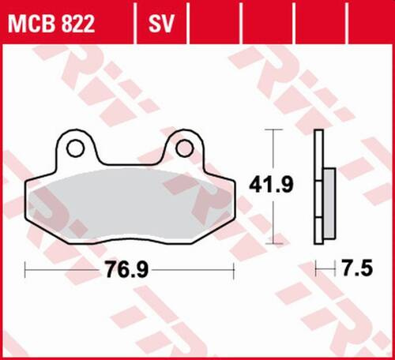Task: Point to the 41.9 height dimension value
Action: [x=273, y=185]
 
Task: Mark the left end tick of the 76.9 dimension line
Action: [x=25, y=271]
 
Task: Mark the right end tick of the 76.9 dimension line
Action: [x=235, y=271]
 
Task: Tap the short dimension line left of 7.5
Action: [x=325, y=271]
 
